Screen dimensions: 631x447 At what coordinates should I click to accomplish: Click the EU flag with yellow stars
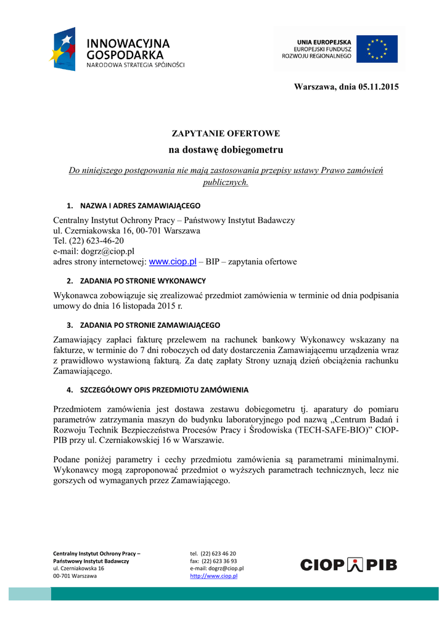coord(377,49)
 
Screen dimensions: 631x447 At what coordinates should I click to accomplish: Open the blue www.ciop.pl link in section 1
coord(173,262)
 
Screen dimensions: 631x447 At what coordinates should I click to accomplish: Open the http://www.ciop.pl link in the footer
coord(213,576)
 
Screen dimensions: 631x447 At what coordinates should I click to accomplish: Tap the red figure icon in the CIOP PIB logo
coord(356,564)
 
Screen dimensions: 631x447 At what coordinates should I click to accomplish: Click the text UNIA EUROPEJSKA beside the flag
coord(324,40)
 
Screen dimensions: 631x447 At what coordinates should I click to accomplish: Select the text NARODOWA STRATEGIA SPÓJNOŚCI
coord(135,65)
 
